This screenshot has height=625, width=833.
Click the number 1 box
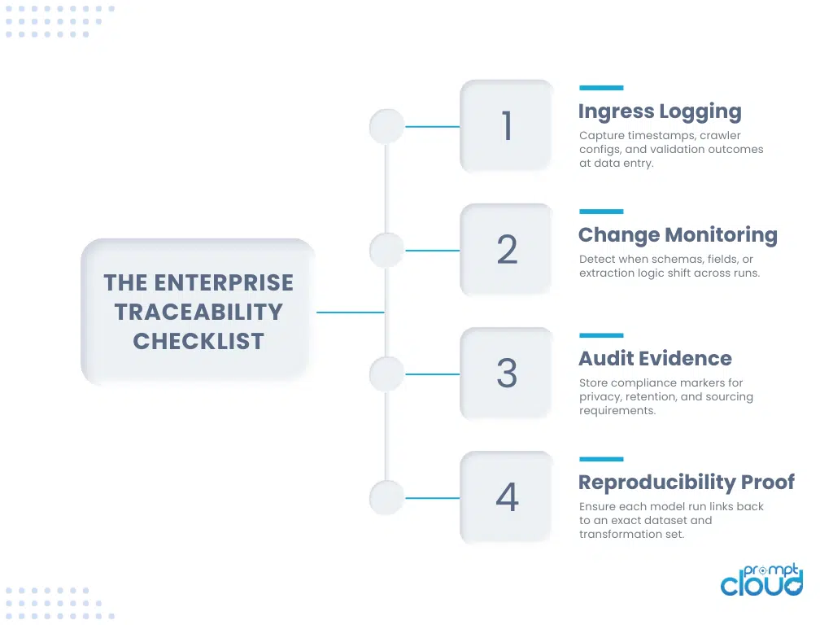pos(506,126)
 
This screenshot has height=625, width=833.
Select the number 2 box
pos(506,250)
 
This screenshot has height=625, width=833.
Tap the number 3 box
pos(506,374)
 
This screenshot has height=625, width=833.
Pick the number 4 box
pos(506,497)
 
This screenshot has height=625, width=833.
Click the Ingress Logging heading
pos(659,111)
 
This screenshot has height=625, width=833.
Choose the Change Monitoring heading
pos(678,235)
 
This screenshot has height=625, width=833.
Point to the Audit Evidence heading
pos(655,359)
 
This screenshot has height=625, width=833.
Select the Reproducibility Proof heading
pos(686,483)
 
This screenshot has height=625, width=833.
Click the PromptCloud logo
pos(761,579)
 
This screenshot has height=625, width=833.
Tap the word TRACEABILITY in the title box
pos(198,312)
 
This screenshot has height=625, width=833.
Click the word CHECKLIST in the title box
pos(198,341)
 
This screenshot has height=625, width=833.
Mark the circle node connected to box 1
pos(386,126)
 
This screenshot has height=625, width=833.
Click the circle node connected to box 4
pos(386,497)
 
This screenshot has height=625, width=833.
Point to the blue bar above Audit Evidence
pos(601,335)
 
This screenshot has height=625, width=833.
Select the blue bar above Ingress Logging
pos(601,88)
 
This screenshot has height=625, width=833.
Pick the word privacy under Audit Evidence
pos(601,397)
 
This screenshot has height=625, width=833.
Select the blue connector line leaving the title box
pos(350,312)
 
